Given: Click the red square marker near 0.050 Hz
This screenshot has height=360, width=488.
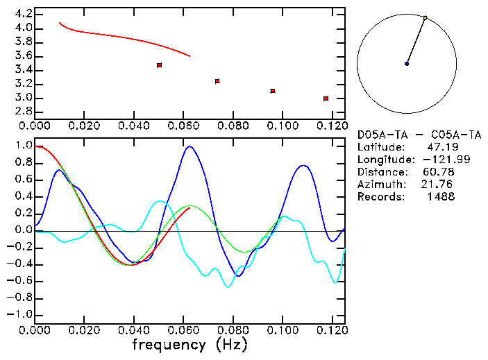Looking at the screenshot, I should click(159, 65).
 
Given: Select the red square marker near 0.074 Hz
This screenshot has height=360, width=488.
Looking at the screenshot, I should click(217, 81).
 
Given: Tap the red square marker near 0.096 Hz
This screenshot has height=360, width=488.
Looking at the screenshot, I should click(273, 91).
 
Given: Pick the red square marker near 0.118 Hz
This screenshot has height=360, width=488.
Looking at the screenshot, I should click(326, 98).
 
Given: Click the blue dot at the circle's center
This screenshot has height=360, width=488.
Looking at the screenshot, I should click(407, 64).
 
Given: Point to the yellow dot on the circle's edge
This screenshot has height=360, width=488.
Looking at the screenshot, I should click(425, 17).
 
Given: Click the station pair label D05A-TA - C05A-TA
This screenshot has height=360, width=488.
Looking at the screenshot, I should click(419, 135).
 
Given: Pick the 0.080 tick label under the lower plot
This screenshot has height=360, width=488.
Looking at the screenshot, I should click(233, 329).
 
